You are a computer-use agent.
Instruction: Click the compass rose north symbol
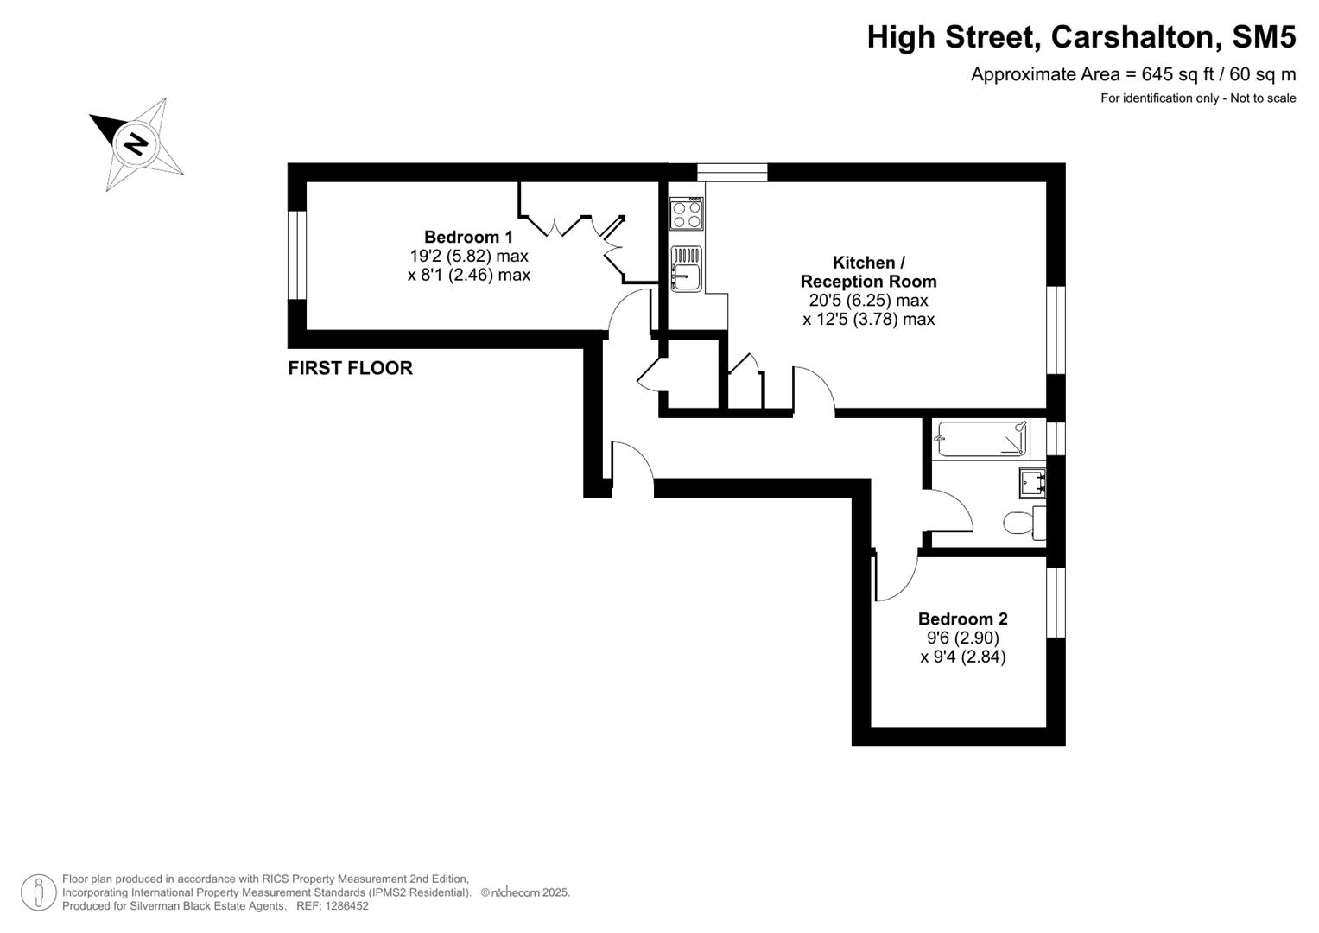click(136, 143)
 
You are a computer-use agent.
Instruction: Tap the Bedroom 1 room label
click(468, 237)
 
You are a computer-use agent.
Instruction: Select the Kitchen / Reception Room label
click(868, 272)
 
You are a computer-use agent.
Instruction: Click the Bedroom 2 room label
click(962, 619)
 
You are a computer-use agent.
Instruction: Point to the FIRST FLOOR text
click(350, 368)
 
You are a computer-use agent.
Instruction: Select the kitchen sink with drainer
click(687, 269)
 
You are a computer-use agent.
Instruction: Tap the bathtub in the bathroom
click(982, 439)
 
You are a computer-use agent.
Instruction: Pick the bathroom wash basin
click(1032, 481)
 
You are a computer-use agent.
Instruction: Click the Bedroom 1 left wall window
click(297, 255)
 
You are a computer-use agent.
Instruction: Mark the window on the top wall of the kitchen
click(732, 173)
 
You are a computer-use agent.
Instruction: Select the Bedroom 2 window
click(1056, 602)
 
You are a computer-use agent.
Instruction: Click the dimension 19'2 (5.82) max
click(468, 257)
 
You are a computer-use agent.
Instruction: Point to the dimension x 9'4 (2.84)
click(962, 657)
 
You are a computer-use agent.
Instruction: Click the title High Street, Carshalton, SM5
click(1081, 37)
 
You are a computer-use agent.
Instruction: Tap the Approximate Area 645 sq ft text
click(1132, 74)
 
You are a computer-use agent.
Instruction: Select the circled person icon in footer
click(38, 892)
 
